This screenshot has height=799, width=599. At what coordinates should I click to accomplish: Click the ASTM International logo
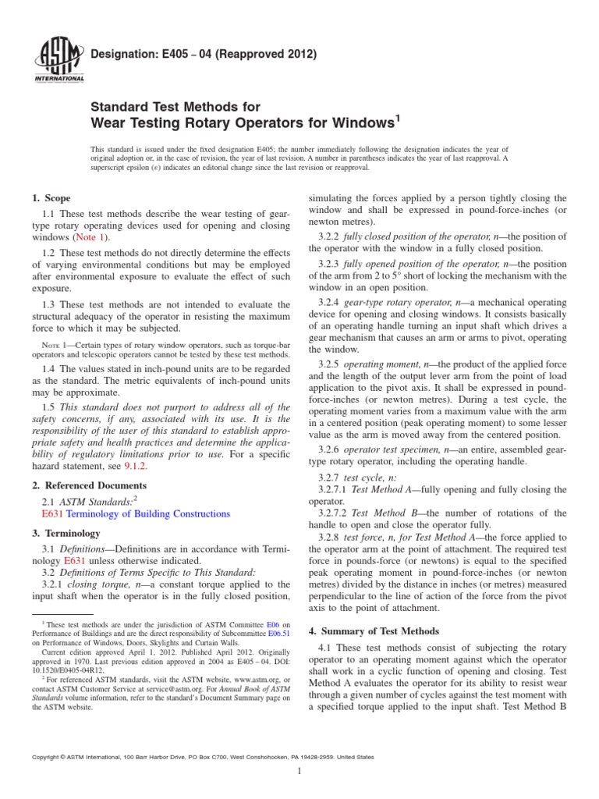coord(60,59)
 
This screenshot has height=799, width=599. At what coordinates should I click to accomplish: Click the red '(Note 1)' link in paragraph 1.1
coord(90,236)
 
